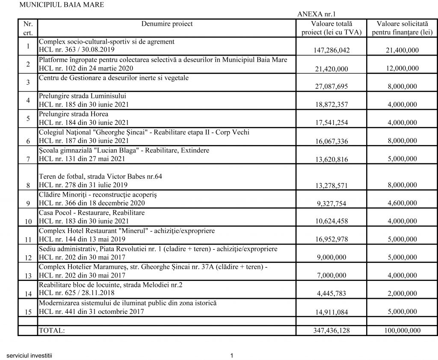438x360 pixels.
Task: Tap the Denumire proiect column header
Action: point(167,24)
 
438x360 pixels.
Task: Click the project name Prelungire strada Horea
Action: point(73,114)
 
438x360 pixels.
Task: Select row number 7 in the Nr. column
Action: point(28,159)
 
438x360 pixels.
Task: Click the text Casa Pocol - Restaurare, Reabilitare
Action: point(92,212)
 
